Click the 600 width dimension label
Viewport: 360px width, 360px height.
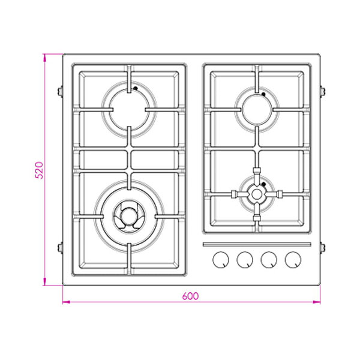coord(190,296)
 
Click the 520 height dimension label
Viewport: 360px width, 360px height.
coord(39,170)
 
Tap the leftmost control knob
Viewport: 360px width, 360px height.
coord(221,260)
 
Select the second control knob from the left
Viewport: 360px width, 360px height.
coord(245,260)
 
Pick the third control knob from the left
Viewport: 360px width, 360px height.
coord(269,260)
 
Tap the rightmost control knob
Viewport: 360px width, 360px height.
coord(293,260)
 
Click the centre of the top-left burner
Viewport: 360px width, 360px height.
coord(129,110)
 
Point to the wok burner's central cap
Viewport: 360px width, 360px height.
coord(129,215)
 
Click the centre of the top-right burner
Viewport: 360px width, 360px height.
coord(257,110)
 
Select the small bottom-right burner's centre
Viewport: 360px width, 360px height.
coord(257,194)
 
